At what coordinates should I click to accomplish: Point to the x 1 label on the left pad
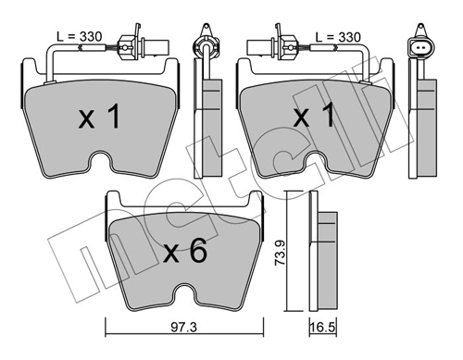pyautogui.click(x=99, y=118)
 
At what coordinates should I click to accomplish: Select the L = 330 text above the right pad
pyautogui.click(x=336, y=36)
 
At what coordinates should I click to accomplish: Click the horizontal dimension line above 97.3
pyautogui.click(x=185, y=330)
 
